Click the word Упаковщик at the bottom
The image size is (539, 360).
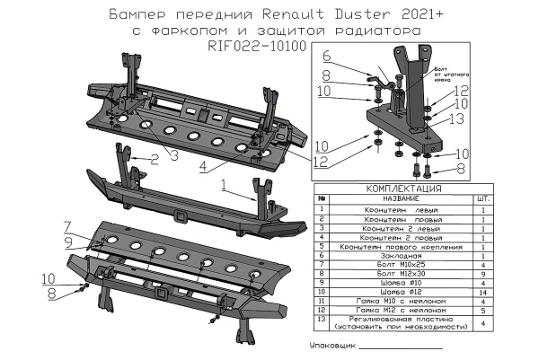(x=331, y=346)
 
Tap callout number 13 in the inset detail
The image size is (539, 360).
(x=456, y=118)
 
